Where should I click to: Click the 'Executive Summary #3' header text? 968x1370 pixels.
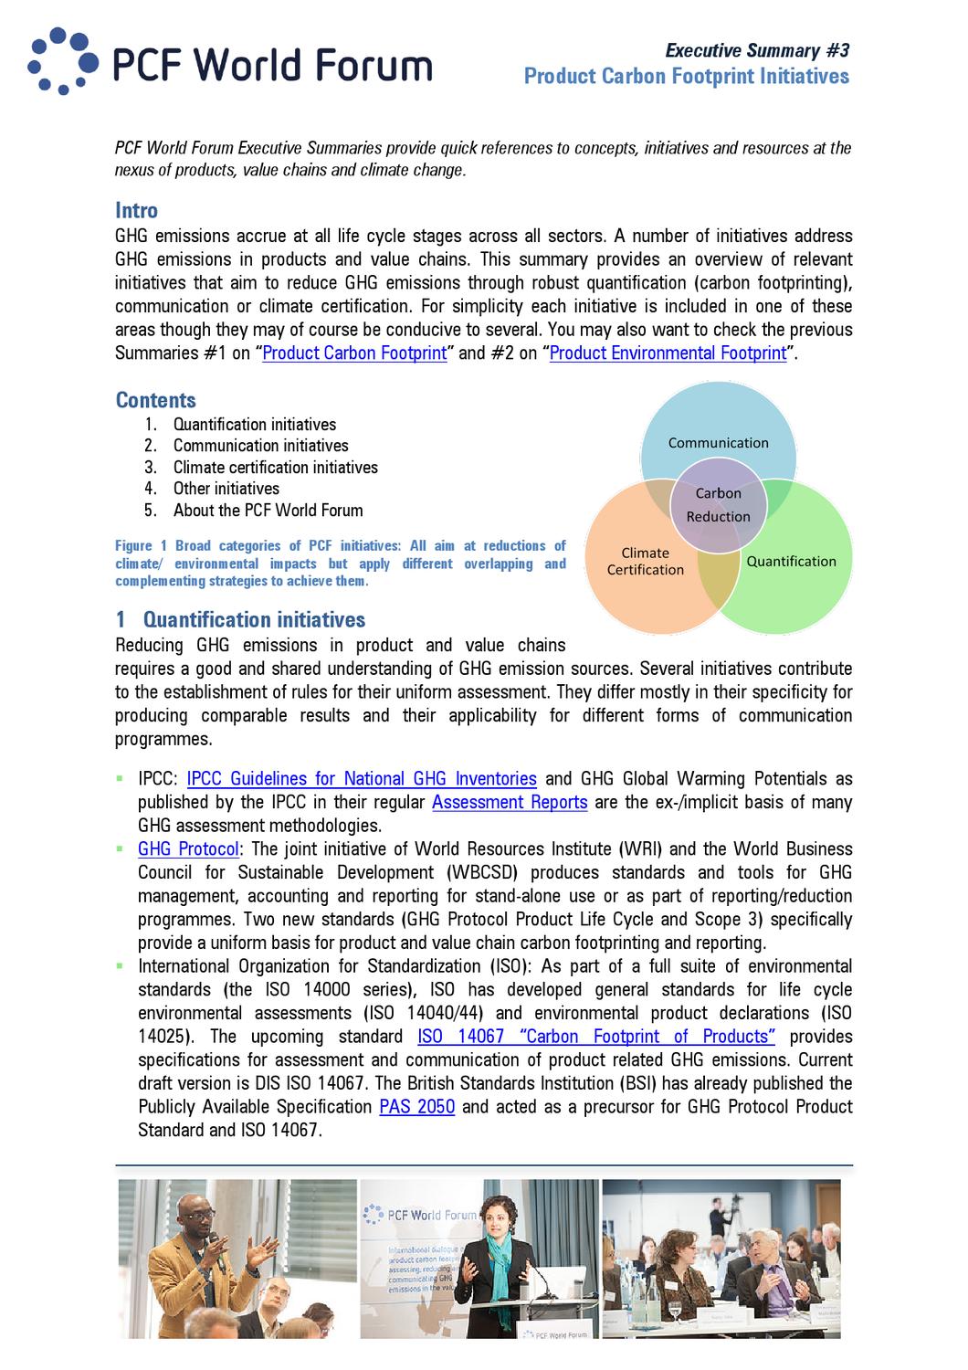pyautogui.click(x=756, y=51)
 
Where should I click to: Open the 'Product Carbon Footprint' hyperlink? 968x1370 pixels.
pyautogui.click(x=354, y=353)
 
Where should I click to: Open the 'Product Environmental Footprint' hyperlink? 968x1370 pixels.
pyautogui.click(x=668, y=353)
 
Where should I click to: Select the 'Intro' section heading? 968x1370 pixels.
pyautogui.click(x=136, y=211)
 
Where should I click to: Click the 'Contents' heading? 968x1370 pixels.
pyautogui.click(x=155, y=400)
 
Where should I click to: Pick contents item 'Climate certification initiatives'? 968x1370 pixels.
pyautogui.click(x=275, y=468)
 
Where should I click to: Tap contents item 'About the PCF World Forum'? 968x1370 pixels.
pyautogui.click(x=268, y=511)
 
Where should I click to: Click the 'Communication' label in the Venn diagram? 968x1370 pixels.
pyautogui.click(x=718, y=443)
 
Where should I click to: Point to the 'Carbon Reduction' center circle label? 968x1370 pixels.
pyautogui.click(x=718, y=505)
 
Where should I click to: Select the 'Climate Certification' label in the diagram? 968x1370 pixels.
pyautogui.click(x=645, y=562)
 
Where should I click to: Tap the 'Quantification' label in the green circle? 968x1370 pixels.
pyautogui.click(x=791, y=562)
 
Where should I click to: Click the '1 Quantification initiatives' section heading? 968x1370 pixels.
pyautogui.click(x=240, y=620)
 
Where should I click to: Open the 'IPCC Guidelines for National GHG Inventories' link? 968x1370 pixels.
pyautogui.click(x=362, y=779)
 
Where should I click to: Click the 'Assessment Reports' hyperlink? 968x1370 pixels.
pyautogui.click(x=510, y=803)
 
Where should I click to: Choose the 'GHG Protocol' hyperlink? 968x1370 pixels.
pyautogui.click(x=188, y=849)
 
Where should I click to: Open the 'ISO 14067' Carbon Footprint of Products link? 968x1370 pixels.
pyautogui.click(x=596, y=1037)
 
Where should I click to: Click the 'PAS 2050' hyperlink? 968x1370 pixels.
pyautogui.click(x=416, y=1107)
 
